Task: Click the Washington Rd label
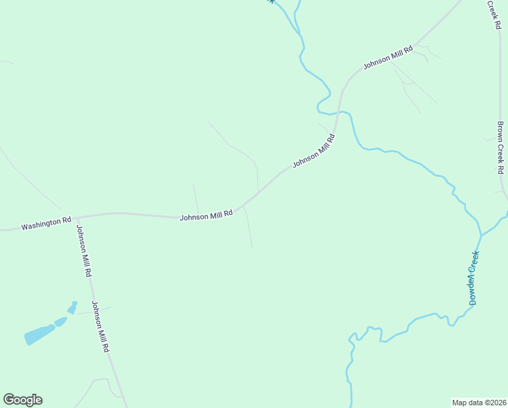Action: (46, 222)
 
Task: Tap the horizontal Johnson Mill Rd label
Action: (206, 215)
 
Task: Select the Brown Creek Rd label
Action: (501, 147)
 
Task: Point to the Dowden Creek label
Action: (474, 277)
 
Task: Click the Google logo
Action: (22, 400)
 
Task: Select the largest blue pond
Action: (39, 335)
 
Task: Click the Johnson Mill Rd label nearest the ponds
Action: (101, 326)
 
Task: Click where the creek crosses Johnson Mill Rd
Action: (338, 113)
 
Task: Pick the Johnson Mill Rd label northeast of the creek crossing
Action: (388, 58)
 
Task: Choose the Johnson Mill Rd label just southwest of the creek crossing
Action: (314, 151)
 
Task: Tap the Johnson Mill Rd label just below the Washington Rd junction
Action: (84, 251)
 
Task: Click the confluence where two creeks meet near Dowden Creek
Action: (481, 235)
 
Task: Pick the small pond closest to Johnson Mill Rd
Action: (73, 307)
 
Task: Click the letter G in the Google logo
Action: (9, 400)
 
